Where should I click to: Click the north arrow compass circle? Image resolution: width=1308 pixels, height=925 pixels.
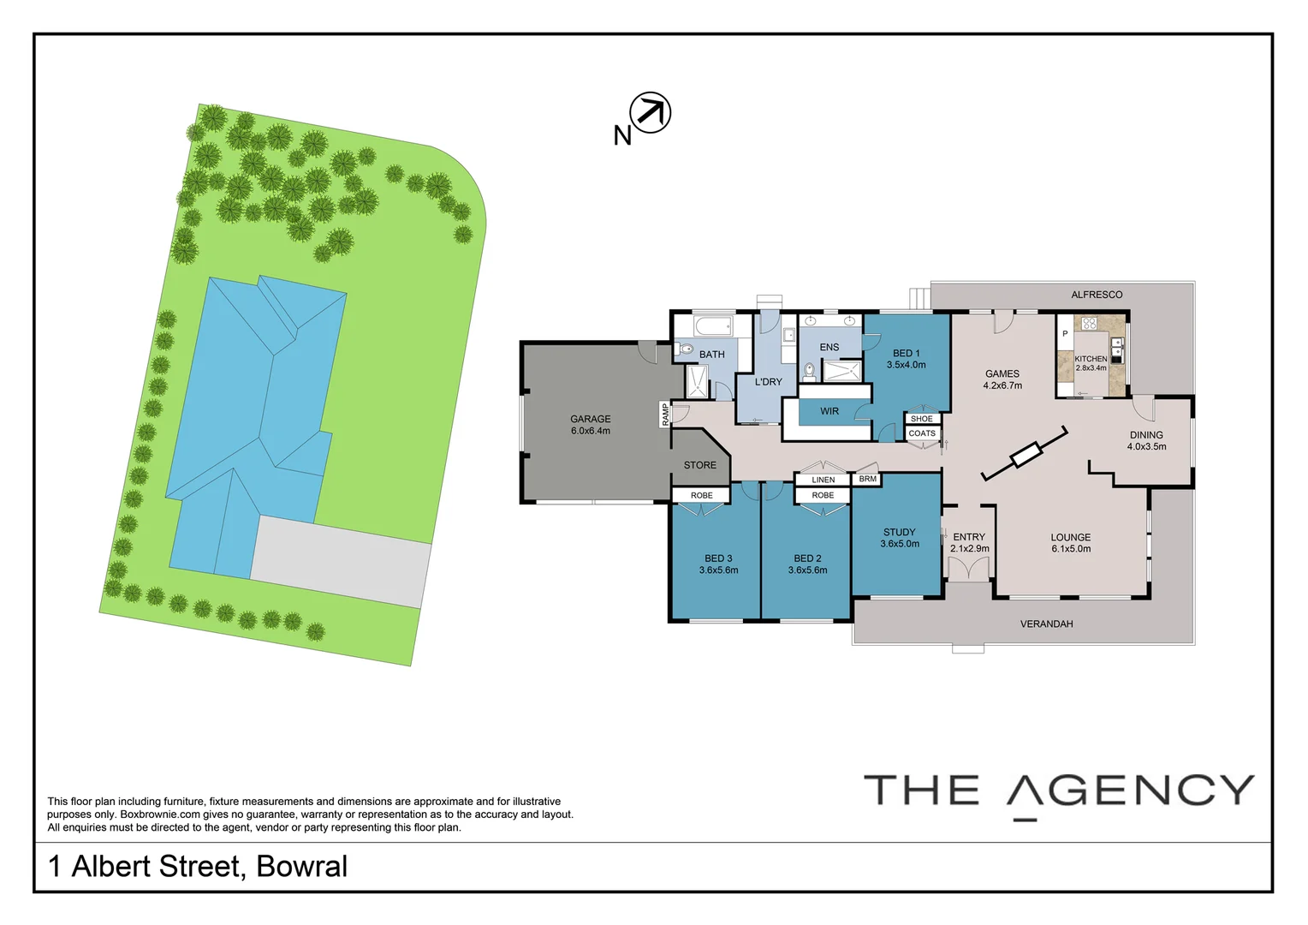(x=650, y=112)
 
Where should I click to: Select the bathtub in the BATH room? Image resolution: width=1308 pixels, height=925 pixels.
(x=712, y=326)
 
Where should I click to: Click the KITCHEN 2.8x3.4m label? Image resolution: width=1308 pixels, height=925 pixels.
(x=1091, y=363)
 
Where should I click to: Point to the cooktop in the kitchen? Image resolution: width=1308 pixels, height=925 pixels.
(x=1089, y=324)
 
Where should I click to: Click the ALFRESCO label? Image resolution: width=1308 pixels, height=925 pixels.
(x=1096, y=295)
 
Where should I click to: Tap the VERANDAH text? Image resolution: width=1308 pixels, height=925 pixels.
(x=1046, y=624)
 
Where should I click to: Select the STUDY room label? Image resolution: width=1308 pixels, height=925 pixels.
(x=899, y=532)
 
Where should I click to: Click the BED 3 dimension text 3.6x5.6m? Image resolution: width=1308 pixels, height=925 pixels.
(x=718, y=570)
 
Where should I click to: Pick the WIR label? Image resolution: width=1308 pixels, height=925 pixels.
(x=829, y=411)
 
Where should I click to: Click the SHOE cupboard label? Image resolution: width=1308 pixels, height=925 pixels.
(x=921, y=419)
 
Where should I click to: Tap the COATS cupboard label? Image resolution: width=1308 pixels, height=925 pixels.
(x=922, y=433)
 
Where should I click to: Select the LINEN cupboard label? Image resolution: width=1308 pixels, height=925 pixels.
(x=823, y=480)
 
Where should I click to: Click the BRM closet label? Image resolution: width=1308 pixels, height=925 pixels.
(x=867, y=479)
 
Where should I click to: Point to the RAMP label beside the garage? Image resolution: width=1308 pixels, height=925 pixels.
(x=664, y=414)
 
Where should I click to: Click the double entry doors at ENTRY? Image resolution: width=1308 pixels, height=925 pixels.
(x=968, y=570)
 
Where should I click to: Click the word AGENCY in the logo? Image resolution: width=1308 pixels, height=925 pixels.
(x=1130, y=790)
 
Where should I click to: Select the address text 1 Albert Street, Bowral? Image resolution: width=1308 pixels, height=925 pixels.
(x=198, y=866)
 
